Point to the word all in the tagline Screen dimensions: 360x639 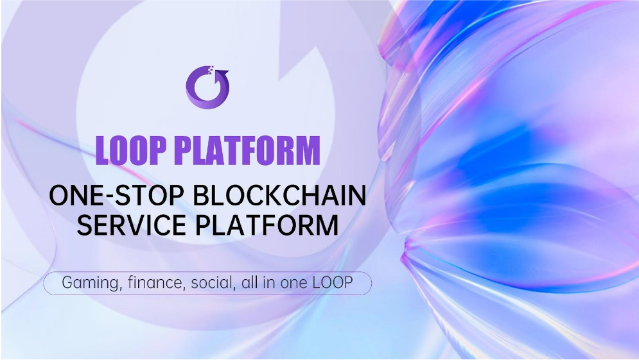(x=250, y=282)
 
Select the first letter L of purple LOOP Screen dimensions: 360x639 (x=103, y=150)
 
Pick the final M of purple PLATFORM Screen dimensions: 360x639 (x=306, y=150)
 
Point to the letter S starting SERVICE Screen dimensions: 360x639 (x=85, y=225)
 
